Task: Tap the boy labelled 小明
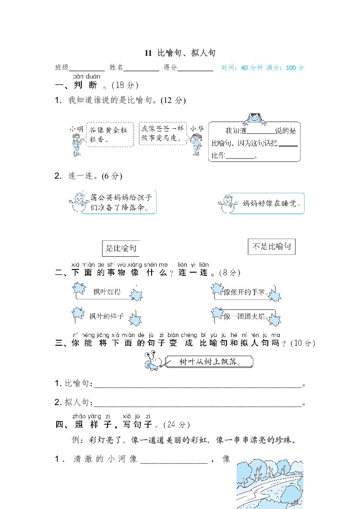coord(76,142)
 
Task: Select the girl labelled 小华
coord(197,142)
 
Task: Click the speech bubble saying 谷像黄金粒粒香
coord(109,134)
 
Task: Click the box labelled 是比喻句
coord(121,248)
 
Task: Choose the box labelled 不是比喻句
coord(272,247)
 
